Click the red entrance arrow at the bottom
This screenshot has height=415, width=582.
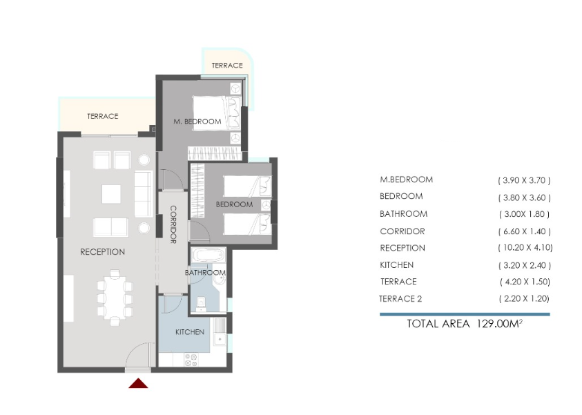(139, 383)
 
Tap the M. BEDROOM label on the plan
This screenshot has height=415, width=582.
(197, 122)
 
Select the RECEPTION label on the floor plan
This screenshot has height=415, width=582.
(102, 252)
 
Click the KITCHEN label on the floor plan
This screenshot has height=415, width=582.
(189, 332)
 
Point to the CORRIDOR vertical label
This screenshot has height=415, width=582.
(173, 224)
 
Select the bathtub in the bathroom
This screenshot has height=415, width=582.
(206, 255)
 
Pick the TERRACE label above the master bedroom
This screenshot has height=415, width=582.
(226, 66)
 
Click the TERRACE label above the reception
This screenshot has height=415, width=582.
(102, 117)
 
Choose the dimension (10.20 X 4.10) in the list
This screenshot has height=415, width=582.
(525, 248)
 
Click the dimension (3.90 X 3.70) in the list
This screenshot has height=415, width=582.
(524, 180)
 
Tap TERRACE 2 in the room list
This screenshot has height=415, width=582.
(400, 299)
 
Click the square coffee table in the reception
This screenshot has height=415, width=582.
(112, 193)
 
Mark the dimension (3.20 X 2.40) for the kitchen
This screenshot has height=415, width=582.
(524, 265)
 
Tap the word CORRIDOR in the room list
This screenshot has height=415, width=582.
(402, 231)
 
